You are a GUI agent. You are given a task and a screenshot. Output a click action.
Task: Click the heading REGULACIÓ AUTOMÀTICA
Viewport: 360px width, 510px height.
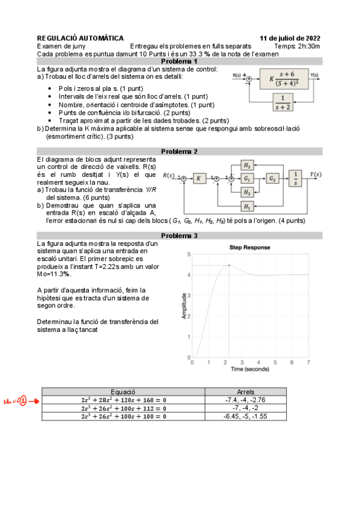81,38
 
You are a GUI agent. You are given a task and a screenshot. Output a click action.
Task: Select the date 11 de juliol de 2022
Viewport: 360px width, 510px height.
290,38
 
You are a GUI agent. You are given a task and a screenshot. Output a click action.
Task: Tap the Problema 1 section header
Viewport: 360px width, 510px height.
179,61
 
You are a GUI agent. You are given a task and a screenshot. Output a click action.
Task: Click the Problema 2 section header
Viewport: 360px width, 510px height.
179,152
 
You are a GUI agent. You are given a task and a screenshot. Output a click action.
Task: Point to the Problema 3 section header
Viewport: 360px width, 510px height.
179,236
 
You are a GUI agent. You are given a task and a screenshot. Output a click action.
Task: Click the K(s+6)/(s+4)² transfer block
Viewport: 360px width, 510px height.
284,79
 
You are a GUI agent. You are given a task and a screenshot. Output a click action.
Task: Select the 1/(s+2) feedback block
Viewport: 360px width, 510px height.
282,102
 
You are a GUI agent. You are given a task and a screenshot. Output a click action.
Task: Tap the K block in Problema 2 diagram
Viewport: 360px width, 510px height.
199,178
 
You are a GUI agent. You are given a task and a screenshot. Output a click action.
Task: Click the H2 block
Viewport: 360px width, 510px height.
247,165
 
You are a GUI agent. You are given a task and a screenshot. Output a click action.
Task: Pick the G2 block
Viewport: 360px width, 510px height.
272,179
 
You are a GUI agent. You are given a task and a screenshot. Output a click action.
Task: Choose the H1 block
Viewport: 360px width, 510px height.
247,206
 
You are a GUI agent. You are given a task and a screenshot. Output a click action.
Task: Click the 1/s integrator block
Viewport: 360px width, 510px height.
295,178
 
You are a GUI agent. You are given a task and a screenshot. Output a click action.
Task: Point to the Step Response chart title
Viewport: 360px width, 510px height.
249,248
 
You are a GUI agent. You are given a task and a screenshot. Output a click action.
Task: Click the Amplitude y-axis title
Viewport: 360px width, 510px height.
185,306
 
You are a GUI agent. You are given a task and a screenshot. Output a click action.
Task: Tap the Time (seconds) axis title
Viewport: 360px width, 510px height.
250,369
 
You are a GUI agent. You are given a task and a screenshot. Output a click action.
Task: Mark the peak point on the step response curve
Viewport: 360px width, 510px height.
229,265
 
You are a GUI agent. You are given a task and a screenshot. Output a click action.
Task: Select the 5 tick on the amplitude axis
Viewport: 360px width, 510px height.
189,254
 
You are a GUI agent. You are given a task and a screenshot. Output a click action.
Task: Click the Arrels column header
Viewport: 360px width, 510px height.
246,392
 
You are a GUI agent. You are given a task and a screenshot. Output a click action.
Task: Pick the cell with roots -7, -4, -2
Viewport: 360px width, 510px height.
246,408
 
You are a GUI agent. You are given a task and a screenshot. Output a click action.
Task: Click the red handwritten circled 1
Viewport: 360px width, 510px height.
23,401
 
